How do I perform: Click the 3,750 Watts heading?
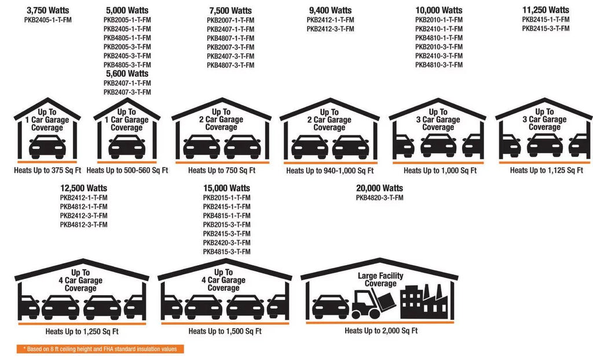(x=47, y=10)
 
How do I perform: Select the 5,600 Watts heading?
(x=127, y=74)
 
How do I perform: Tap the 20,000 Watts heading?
(x=379, y=188)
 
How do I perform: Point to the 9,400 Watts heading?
(x=330, y=10)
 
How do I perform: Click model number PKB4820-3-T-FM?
(x=379, y=197)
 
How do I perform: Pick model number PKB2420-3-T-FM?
(x=226, y=243)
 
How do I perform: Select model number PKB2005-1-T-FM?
(x=127, y=20)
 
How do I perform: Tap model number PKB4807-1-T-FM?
(x=230, y=38)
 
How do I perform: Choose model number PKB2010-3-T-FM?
(x=439, y=47)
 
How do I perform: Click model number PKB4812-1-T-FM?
(x=83, y=207)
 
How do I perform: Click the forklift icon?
(x=374, y=303)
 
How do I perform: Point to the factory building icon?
(x=423, y=302)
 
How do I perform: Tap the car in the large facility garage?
(x=331, y=307)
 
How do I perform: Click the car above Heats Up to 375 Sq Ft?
(x=47, y=146)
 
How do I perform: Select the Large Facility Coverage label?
(x=380, y=280)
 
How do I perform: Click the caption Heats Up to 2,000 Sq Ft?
(x=381, y=331)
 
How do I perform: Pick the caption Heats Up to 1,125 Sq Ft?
(x=546, y=171)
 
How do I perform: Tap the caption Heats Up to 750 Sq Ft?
(x=222, y=171)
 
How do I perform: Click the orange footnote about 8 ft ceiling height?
(x=100, y=349)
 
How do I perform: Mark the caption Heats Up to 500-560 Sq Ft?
(x=127, y=171)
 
